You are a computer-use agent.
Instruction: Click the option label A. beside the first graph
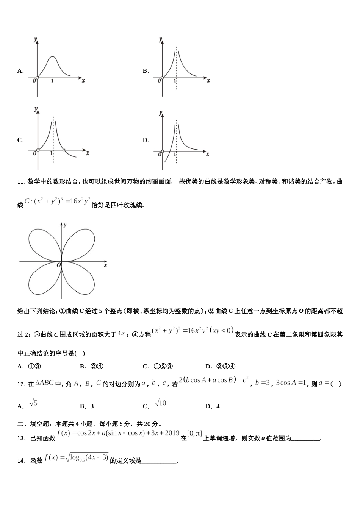20,71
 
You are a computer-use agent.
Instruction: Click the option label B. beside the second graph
146,71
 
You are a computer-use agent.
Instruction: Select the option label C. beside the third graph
20,140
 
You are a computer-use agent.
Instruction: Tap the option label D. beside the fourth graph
146,140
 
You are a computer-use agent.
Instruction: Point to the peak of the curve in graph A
53,57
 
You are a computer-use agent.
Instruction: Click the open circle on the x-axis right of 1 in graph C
64,150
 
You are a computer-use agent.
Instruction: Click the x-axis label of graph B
208,81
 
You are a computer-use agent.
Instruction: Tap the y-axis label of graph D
161,113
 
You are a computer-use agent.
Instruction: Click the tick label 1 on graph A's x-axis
52,81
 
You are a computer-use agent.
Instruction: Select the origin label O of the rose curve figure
59,265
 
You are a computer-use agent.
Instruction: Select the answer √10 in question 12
161,403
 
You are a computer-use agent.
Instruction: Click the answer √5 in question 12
34,403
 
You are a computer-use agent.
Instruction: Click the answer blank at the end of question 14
159,461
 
